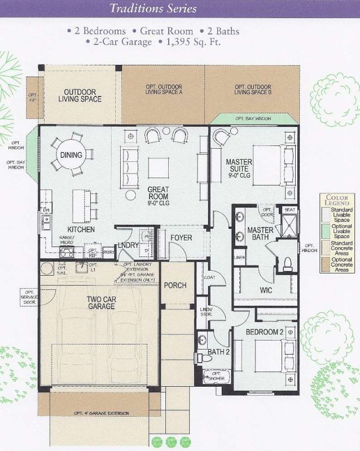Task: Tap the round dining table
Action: tap(72, 154)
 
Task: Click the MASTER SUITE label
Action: tap(239, 166)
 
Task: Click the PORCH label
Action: tap(175, 285)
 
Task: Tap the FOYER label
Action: tap(182, 238)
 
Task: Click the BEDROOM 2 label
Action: tap(265, 332)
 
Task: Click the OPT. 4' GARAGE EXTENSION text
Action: tap(102, 413)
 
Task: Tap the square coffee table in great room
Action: tap(158, 167)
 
